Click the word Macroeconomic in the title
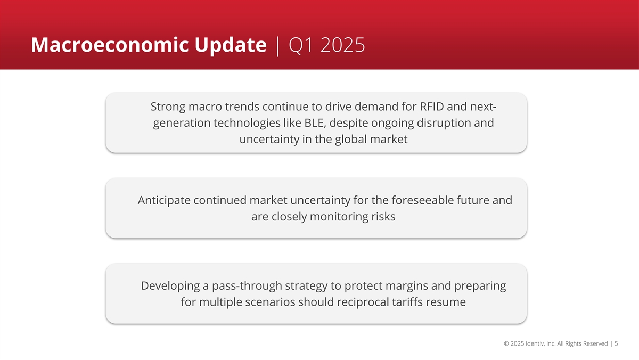pos(110,45)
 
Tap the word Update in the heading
pos(231,46)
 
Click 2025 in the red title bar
pos(342,45)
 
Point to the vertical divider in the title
pos(277,46)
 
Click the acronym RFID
pos(432,107)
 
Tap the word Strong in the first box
pos(168,107)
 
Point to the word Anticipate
pos(164,201)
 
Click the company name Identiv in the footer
pos(535,343)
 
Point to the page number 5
pos(616,343)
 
